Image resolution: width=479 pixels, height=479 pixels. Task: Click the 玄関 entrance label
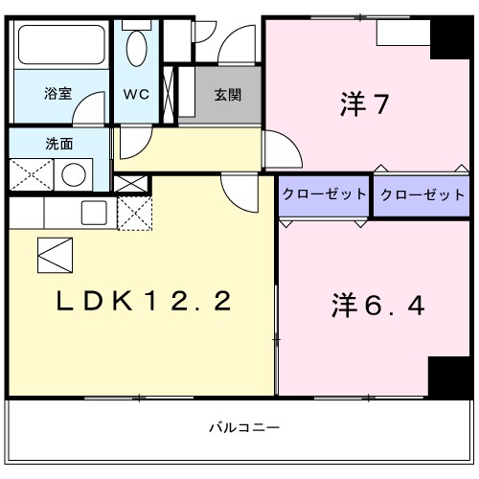227,95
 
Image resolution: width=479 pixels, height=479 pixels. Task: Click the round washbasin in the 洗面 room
73,175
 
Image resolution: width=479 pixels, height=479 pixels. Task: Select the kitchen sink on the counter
93,212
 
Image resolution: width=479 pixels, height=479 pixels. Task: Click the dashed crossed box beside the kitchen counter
133,212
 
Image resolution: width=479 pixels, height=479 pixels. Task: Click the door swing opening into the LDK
240,194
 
